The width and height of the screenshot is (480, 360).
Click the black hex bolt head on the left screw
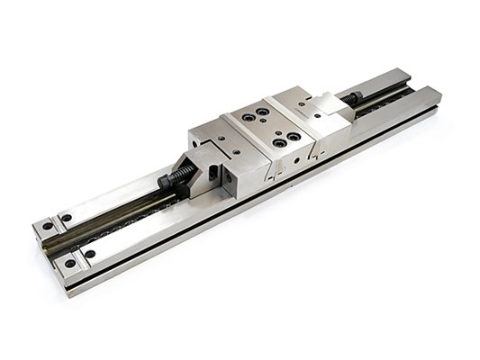[x=168, y=182]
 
